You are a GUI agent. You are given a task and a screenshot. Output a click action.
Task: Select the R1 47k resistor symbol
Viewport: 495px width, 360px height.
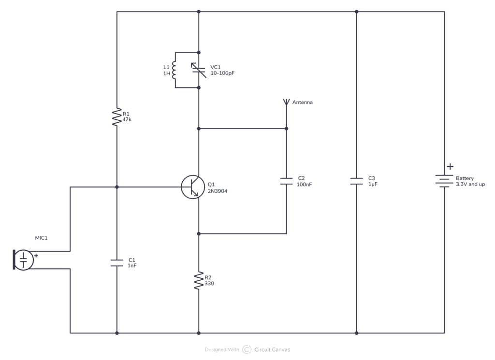(116, 117)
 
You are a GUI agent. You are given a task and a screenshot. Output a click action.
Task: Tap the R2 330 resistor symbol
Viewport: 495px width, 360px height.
(199, 280)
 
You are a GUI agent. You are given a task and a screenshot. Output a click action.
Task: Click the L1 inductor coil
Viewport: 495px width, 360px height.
(175, 70)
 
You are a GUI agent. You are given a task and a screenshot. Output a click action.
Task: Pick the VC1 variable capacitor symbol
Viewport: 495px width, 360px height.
(199, 70)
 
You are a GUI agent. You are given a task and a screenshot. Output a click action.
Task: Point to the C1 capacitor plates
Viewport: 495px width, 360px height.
(116, 263)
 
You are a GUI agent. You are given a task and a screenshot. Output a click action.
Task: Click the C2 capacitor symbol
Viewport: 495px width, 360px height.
(286, 181)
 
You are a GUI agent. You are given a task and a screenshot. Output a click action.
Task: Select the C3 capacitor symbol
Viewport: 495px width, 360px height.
(356, 181)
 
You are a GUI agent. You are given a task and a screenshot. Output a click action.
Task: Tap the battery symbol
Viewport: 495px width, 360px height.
(444, 181)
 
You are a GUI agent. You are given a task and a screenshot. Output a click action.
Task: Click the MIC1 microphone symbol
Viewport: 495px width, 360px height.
(23, 259)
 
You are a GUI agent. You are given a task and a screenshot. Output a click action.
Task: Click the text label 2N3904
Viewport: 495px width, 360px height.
(218, 191)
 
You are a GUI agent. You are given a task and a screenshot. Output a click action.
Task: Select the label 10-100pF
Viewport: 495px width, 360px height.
(222, 73)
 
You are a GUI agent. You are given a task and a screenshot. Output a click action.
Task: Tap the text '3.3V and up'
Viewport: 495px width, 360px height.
(470, 185)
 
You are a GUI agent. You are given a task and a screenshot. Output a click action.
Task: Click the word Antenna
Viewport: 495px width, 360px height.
(302, 102)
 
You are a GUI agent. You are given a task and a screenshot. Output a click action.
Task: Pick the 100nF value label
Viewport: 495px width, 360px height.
(305, 185)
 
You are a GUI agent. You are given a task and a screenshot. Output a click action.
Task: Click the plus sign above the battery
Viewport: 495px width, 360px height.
(450, 167)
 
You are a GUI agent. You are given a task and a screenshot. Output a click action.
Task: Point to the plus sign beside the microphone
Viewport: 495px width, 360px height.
(36, 255)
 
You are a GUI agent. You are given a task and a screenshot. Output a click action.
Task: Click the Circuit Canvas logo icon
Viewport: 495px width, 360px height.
(247, 349)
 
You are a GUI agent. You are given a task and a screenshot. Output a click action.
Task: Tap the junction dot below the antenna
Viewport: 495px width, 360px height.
(286, 129)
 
